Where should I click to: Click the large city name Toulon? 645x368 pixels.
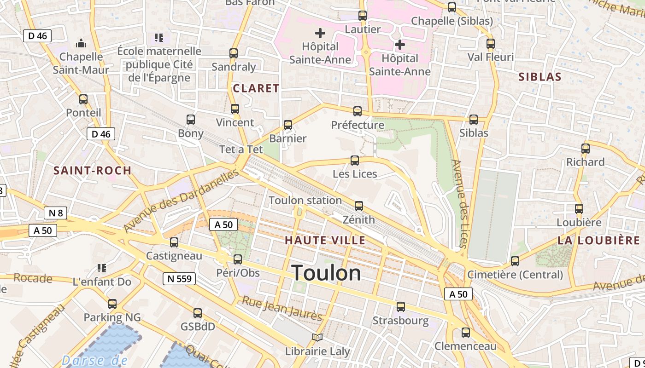pyautogui.click(x=326, y=273)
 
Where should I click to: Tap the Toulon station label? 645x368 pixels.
pyautogui.click(x=305, y=201)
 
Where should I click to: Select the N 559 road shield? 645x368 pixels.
pyautogui.click(x=179, y=278)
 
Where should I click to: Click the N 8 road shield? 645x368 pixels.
pyautogui.click(x=56, y=213)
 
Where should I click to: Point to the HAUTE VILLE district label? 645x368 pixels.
pyautogui.click(x=325, y=240)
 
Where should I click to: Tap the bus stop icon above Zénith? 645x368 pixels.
pyautogui.click(x=359, y=206)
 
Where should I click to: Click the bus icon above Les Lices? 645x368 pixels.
pyautogui.click(x=355, y=160)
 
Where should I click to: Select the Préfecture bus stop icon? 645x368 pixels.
pyautogui.click(x=358, y=111)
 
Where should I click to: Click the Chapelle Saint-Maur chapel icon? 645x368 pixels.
pyautogui.click(x=81, y=43)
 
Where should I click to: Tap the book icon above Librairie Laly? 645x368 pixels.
pyautogui.click(x=317, y=337)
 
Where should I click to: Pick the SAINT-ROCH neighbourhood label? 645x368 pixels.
pyautogui.click(x=93, y=171)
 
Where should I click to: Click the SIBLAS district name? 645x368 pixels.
pyautogui.click(x=540, y=77)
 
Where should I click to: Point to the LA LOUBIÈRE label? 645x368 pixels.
pyautogui.click(x=598, y=240)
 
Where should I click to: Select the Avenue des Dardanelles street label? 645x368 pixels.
pyautogui.click(x=182, y=201)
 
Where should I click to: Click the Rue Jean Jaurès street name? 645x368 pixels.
pyautogui.click(x=282, y=308)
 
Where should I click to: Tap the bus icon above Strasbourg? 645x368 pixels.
pyautogui.click(x=401, y=306)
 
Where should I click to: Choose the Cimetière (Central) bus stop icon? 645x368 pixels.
pyautogui.click(x=515, y=261)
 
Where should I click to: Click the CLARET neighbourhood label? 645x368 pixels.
pyautogui.click(x=256, y=88)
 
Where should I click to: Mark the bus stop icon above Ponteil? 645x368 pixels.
pyautogui.click(x=83, y=99)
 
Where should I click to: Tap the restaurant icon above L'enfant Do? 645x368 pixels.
pyautogui.click(x=102, y=268)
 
